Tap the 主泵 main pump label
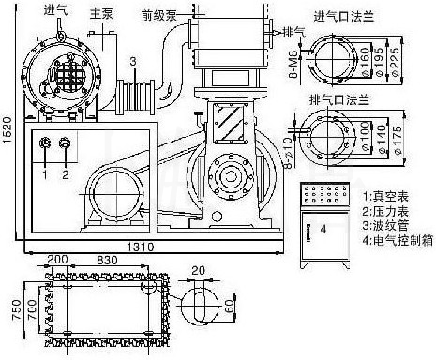click(101, 14)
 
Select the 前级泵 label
click(158, 14)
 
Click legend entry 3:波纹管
click(387, 212)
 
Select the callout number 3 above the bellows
click(133, 61)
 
